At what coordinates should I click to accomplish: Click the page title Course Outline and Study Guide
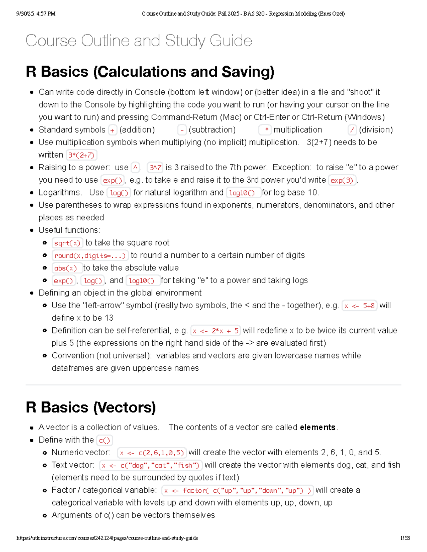[x=139, y=41]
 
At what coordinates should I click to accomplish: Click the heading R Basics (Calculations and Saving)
[x=150, y=72]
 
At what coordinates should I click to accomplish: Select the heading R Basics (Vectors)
[x=91, y=407]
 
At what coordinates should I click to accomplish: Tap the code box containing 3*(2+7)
[x=81, y=155]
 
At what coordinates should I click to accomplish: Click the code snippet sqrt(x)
[x=68, y=243]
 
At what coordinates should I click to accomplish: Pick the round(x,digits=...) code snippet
[x=90, y=256]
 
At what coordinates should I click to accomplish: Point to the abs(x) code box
[x=66, y=268]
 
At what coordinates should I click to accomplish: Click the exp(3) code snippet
[x=342, y=181]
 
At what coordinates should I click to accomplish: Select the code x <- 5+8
[x=359, y=306]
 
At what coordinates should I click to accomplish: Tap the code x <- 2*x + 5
[x=216, y=331]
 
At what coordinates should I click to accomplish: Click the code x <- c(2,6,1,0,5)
[x=152, y=453]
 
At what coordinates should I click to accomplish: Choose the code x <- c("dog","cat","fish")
[x=151, y=466]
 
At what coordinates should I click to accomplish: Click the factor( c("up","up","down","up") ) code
[x=238, y=491]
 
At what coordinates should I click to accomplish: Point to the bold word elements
[x=317, y=427]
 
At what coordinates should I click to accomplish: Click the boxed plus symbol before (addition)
[x=112, y=130]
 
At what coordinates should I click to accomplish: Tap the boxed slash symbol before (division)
[x=352, y=130]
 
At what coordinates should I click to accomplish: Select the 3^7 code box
[x=155, y=168]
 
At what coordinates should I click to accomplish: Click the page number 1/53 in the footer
[x=405, y=538]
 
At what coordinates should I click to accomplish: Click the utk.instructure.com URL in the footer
[x=107, y=538]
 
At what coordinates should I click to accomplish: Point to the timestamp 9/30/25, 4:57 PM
[x=36, y=14]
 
